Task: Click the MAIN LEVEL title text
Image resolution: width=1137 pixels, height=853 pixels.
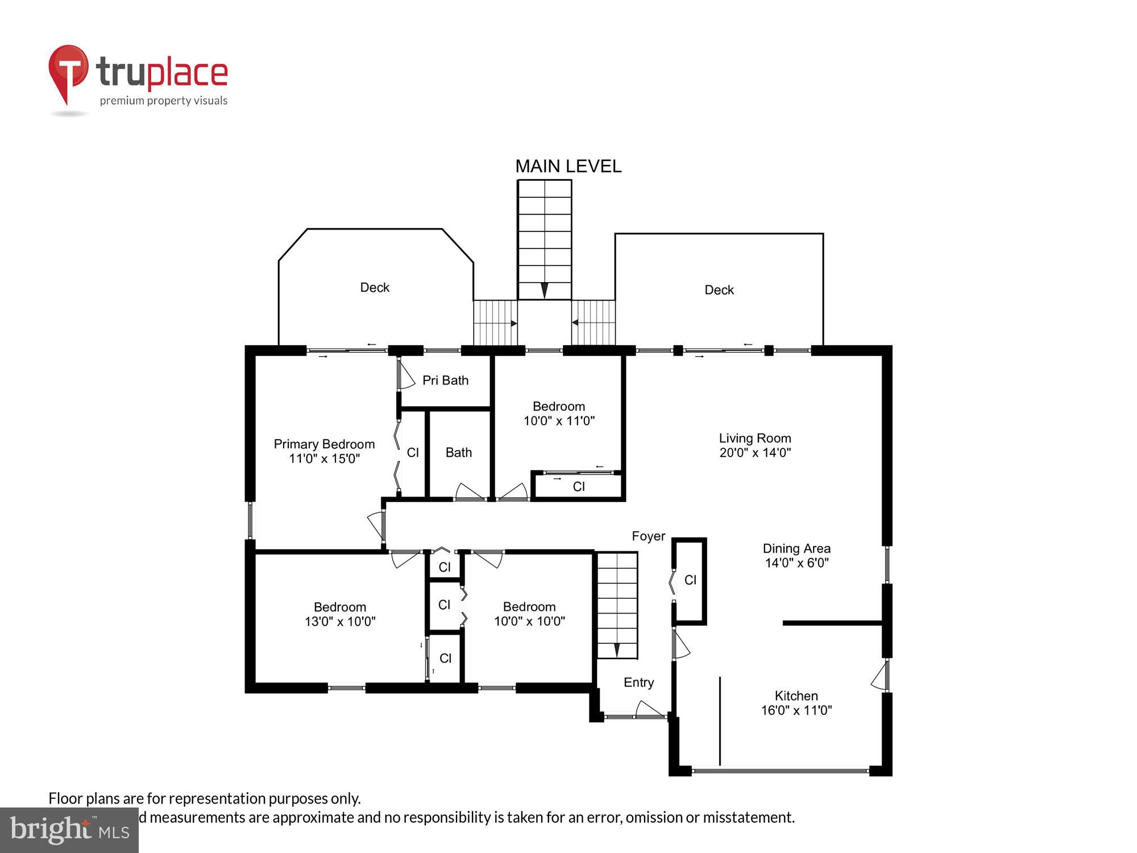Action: pos(568,166)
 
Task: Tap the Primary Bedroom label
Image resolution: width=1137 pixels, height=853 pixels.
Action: pos(324,444)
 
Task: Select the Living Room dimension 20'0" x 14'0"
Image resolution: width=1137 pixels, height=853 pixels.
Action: pos(755,453)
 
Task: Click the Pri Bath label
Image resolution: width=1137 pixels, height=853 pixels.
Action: pos(445,380)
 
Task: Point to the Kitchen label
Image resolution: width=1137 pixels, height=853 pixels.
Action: pos(796,695)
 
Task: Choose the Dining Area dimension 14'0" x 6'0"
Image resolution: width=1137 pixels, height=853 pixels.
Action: pos(796,563)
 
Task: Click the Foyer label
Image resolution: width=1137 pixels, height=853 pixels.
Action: pos(648,536)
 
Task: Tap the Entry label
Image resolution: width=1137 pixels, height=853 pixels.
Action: pos(638,682)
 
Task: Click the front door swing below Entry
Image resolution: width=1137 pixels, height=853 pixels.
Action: pos(649,710)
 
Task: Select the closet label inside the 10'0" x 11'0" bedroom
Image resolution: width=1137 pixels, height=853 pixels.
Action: pos(579,487)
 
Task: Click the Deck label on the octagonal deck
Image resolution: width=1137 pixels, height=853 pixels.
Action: pos(375,288)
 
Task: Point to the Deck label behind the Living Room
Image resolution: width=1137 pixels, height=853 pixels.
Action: pos(719,290)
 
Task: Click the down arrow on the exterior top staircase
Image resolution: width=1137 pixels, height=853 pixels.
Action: pos(545,290)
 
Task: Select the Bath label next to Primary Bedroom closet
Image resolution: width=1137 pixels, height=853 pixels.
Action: pos(458,453)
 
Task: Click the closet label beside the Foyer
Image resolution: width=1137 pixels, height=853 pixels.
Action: pos(690,580)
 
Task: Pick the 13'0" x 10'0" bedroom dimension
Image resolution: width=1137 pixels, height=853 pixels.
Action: pos(340,622)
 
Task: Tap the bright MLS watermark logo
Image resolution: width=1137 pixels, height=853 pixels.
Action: pos(69,830)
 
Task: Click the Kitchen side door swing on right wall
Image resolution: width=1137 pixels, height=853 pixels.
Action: pos(880,676)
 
